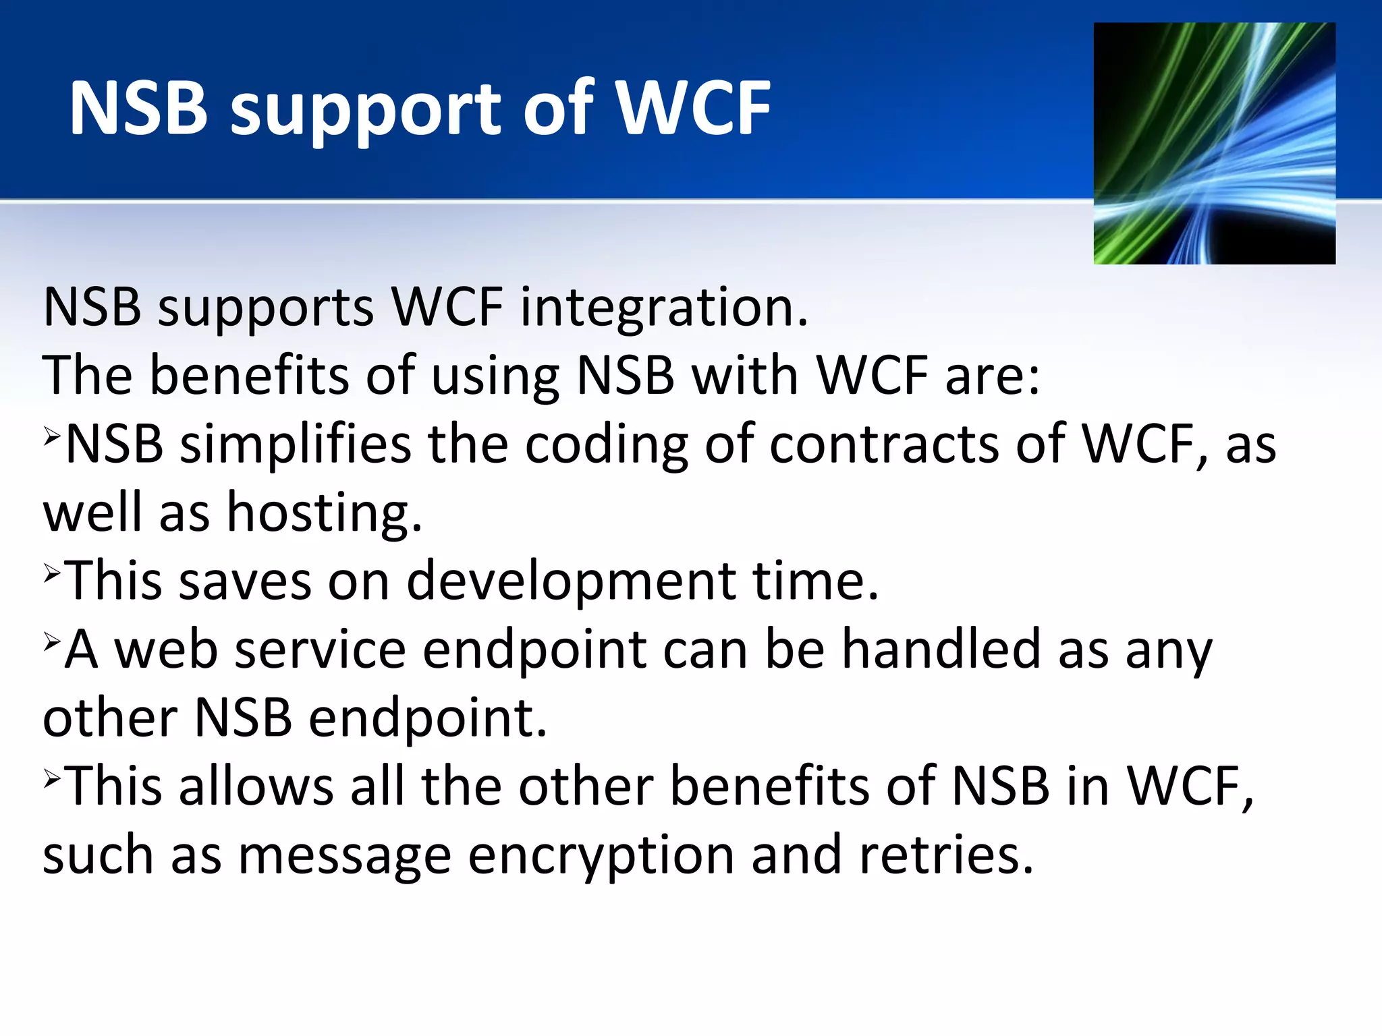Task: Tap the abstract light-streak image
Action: click(x=1214, y=143)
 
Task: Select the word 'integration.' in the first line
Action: click(x=663, y=308)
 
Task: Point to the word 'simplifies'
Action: click(x=296, y=445)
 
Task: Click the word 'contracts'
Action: click(x=884, y=445)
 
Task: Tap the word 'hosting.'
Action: click(x=325, y=513)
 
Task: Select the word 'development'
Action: click(x=572, y=581)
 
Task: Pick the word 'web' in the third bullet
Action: click(x=166, y=650)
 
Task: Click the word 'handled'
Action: click(x=942, y=650)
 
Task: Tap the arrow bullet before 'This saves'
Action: click(x=53, y=573)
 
